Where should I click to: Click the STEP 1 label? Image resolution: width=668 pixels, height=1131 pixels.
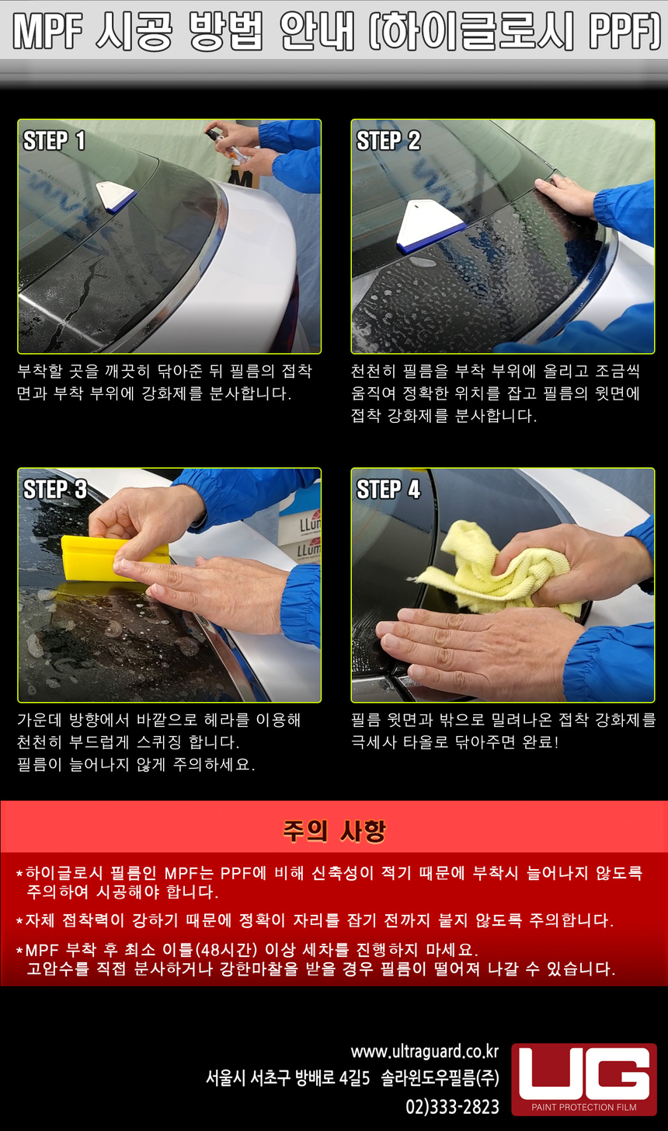pos(54,141)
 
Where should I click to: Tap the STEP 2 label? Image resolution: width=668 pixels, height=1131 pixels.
pos(388,141)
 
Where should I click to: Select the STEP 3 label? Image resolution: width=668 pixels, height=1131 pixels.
pos(55,489)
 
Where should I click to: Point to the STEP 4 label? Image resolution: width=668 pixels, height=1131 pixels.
pos(388,489)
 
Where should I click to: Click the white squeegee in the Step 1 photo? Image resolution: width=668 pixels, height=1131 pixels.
pos(115,197)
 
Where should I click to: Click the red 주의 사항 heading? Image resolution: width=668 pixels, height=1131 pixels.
pos(334,831)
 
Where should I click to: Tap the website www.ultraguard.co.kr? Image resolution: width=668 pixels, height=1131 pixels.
pos(424,1052)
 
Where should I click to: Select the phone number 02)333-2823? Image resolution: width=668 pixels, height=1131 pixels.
pos(452,1106)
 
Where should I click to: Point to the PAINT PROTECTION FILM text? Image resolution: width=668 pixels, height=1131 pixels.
pos(584,1107)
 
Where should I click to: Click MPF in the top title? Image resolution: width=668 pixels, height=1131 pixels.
pos(47,31)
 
